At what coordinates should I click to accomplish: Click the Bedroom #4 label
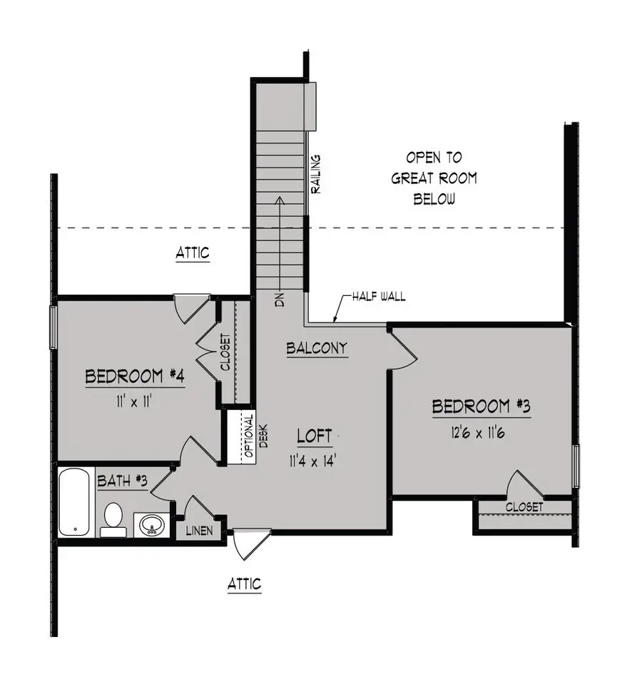tap(136, 377)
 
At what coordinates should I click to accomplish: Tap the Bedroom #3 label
tap(482, 407)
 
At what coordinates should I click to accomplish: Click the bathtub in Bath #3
tap(76, 501)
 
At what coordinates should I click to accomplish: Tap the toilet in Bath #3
tap(113, 519)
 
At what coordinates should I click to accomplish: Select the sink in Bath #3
tap(151, 526)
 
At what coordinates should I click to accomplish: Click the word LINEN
tap(199, 531)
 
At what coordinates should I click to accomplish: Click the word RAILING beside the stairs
tap(316, 173)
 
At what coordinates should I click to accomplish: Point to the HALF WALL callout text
tap(378, 296)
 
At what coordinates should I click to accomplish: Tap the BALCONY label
tap(317, 348)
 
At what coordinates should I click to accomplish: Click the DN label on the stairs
tap(280, 300)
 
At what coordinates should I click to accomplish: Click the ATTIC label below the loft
tap(244, 585)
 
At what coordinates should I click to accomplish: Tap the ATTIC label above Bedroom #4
tap(193, 253)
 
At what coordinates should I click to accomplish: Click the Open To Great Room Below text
tap(434, 178)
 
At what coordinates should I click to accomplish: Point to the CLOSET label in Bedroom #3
tap(524, 507)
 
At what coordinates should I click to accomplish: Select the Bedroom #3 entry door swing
tap(402, 347)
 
